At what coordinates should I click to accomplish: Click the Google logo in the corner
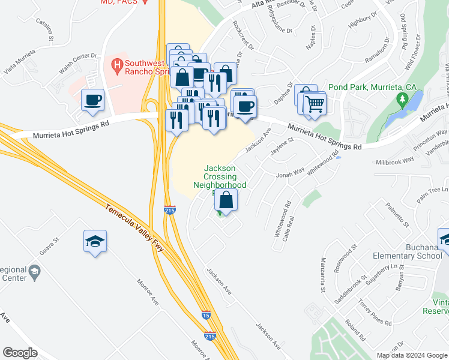[20, 352]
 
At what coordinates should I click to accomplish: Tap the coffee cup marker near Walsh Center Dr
[93, 101]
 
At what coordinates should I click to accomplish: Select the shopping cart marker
[315, 104]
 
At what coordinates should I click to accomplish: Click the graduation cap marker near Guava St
[95, 241]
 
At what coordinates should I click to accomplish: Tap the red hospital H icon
[117, 64]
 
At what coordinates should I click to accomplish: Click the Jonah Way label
[290, 175]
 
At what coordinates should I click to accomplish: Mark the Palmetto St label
[397, 215]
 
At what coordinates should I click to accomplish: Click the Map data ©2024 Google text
[412, 355]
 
